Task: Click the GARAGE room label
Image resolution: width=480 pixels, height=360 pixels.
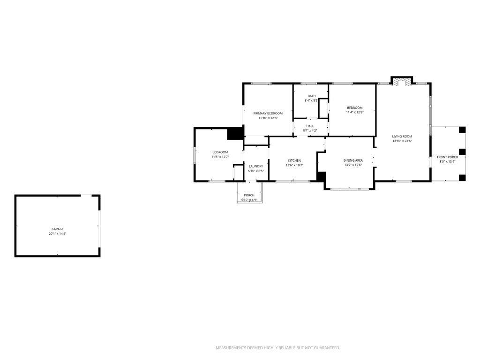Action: point(58,229)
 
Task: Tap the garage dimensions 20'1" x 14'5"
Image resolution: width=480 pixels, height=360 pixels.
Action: point(58,233)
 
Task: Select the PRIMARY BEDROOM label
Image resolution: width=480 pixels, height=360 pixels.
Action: point(268,113)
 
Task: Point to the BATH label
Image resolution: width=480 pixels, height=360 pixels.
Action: point(312,96)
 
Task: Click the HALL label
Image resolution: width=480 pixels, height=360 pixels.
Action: point(310,126)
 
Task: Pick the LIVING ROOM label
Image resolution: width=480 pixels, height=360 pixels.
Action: point(402,136)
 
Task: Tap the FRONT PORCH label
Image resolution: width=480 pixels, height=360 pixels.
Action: point(448,157)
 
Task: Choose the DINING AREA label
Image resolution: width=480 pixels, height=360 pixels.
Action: point(353,160)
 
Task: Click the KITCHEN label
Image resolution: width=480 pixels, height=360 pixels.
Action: point(294,161)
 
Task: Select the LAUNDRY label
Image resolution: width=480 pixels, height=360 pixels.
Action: point(256,166)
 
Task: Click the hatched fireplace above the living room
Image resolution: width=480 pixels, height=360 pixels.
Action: point(402,82)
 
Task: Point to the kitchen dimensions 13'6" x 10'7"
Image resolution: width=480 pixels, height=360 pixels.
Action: point(294,165)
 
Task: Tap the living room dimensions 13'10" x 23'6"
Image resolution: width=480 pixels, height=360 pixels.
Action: point(402,141)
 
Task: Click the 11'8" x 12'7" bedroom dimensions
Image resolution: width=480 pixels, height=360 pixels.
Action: point(220,157)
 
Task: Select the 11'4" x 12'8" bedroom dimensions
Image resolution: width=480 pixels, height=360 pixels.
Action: point(355,112)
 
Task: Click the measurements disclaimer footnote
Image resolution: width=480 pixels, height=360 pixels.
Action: point(278,348)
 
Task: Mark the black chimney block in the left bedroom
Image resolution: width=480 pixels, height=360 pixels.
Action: point(235,134)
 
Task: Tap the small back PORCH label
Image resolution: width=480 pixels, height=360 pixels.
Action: point(249,195)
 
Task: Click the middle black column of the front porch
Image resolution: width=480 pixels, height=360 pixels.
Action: point(462,152)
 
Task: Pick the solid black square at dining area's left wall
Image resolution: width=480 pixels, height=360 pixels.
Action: point(321,177)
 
